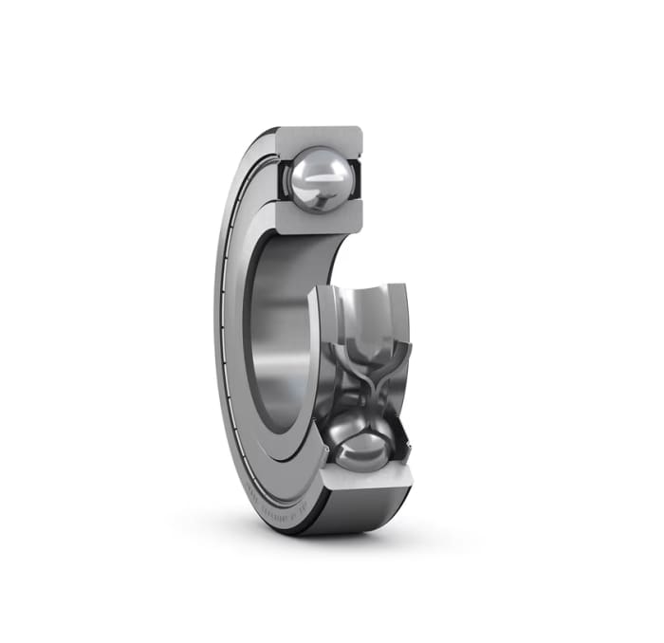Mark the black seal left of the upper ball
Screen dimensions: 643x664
coord(282,180)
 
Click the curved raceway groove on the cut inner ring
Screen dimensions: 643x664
coord(365,303)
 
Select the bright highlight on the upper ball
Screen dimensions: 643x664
coord(313,169)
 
